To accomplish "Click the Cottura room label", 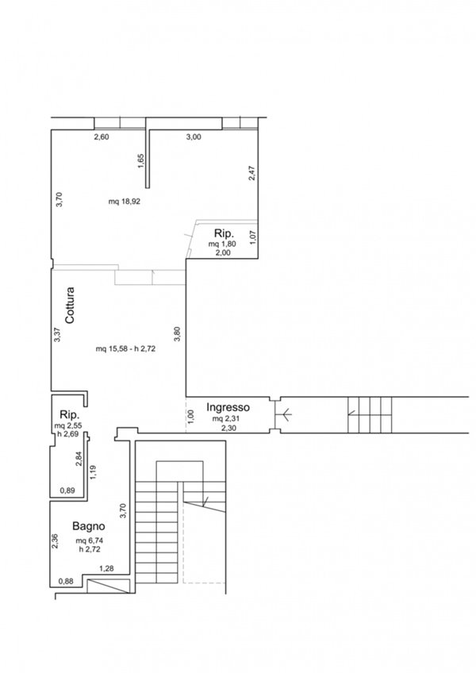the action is (70, 306).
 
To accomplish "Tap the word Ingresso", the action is (228, 407).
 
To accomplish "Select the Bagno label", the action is (88, 526).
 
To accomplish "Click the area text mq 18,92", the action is (125, 202).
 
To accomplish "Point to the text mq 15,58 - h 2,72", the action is (126, 349).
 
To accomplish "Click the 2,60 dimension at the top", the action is (102, 137).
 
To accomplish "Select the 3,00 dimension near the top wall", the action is (194, 137).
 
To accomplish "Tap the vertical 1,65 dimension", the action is (142, 161).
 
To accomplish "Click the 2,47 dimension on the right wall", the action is (252, 173).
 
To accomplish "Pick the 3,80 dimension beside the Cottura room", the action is (178, 334).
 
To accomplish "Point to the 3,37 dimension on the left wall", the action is (58, 335).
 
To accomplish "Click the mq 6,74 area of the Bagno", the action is (90, 540).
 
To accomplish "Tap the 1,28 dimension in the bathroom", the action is (106, 569).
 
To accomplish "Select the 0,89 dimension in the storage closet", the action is (67, 491).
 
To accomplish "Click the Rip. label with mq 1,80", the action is (224, 234).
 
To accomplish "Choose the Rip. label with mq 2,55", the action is (71, 415).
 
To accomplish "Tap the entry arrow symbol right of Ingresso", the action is (284, 415).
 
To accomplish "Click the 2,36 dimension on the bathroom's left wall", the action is (55, 541).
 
